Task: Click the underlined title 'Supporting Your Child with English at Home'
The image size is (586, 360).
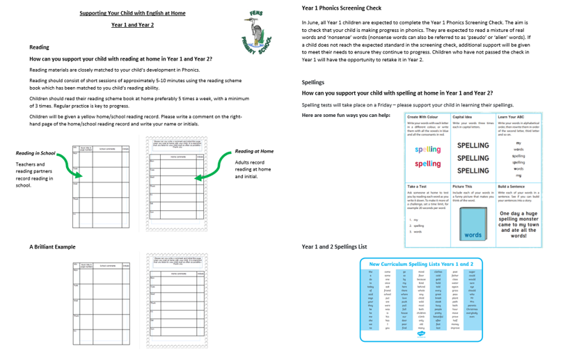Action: pyautogui.click(x=132, y=13)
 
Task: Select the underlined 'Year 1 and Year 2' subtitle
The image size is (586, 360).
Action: pyautogui.click(x=132, y=25)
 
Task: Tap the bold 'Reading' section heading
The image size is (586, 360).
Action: pyautogui.click(x=39, y=47)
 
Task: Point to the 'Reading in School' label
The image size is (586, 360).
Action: pyautogui.click(x=35, y=153)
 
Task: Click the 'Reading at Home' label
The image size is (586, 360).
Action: pyautogui.click(x=254, y=151)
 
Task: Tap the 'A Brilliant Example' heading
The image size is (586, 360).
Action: pyautogui.click(x=53, y=246)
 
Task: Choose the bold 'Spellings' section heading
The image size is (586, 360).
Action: pyautogui.click(x=314, y=82)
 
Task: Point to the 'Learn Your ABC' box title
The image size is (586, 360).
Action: pyautogui.click(x=512, y=117)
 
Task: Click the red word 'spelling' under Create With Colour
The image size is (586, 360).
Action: pyautogui.click(x=427, y=164)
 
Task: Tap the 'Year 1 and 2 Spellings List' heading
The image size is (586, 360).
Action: pyautogui.click(x=334, y=246)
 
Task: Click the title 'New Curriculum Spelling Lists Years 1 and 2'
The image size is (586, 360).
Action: pyautogui.click(x=421, y=265)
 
